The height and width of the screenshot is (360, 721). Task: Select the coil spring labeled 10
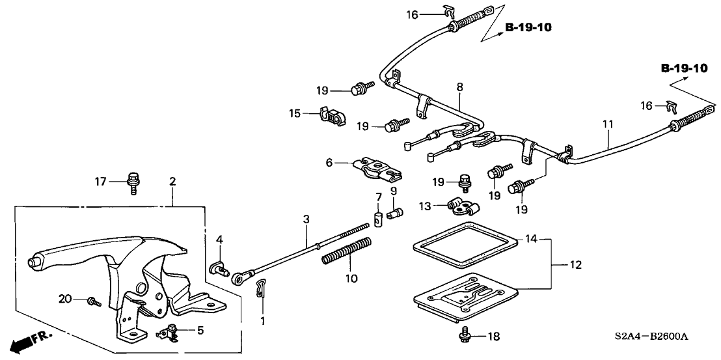pos(347,252)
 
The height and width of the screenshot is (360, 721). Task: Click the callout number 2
pos(172,182)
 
